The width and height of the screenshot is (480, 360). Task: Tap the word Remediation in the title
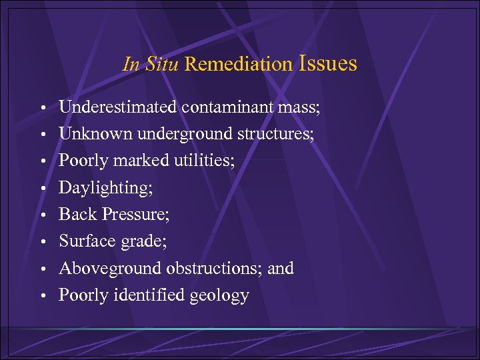(239, 65)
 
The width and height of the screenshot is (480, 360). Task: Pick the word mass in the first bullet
(297, 108)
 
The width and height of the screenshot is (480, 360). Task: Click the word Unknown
(96, 134)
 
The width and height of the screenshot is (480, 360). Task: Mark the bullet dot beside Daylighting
(42, 189)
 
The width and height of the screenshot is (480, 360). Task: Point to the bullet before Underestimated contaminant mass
(42, 108)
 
